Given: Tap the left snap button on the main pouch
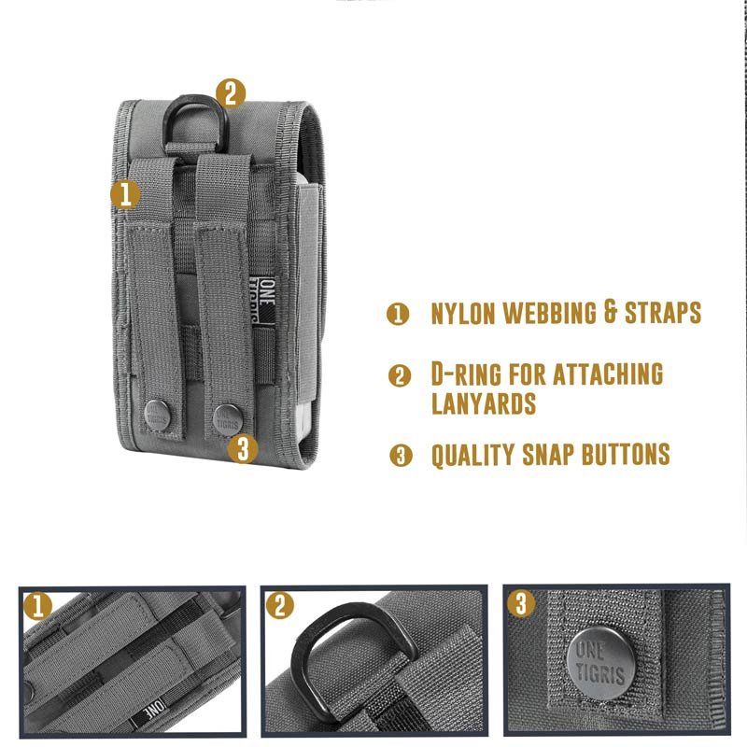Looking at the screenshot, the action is click(158, 416).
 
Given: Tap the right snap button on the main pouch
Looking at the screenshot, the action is click(228, 419).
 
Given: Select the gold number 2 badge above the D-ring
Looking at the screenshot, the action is click(231, 93).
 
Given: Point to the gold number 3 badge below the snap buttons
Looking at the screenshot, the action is click(243, 449).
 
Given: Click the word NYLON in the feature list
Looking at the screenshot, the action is click(463, 314).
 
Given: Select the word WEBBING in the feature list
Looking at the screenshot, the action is click(550, 313).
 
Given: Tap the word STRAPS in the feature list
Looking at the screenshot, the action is click(663, 313).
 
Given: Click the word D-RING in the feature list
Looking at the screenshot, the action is click(466, 374).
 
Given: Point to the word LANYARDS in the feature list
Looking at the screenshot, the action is click(484, 403).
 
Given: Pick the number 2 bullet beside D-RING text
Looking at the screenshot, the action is click(400, 375).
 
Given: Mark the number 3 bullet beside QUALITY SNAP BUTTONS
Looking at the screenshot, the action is click(401, 456).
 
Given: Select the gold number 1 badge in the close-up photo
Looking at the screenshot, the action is click(37, 606).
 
